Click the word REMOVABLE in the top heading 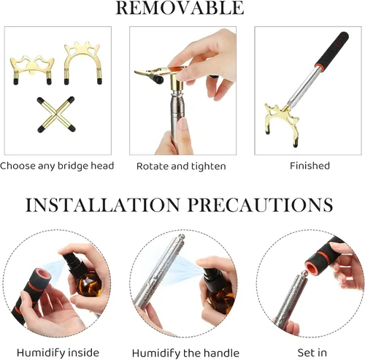point(180,7)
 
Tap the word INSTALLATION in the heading point(102,205)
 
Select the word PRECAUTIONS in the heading point(260,205)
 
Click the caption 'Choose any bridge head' point(57,166)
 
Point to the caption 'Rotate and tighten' point(181,166)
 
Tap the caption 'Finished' point(310,166)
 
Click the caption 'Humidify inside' point(58,353)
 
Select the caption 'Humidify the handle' point(185,353)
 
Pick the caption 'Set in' point(312,353)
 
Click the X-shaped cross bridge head point(56,115)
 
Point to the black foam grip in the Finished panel point(333,49)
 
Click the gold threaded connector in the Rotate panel point(177,84)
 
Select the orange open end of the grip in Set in point(315,265)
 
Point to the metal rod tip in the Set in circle point(304,273)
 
